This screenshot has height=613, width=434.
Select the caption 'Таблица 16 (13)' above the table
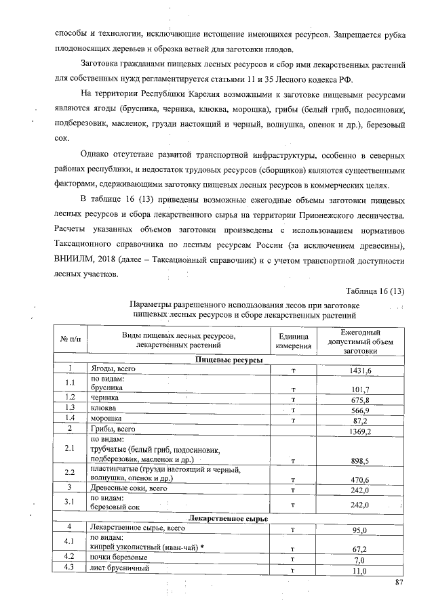click(375, 291)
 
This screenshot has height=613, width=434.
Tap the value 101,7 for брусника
click(360, 389)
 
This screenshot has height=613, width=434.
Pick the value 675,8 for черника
click(360, 400)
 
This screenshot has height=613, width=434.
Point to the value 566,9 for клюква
click(360, 410)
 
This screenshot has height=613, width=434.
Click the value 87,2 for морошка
click(360, 420)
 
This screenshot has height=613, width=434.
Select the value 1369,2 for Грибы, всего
click(360, 431)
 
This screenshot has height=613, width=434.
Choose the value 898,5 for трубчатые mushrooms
click(360, 461)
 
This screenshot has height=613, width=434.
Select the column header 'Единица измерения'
click(293, 341)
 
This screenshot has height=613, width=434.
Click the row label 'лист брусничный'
click(119, 570)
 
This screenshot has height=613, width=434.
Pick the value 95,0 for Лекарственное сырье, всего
click(360, 530)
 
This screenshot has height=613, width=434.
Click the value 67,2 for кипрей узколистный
click(360, 549)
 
